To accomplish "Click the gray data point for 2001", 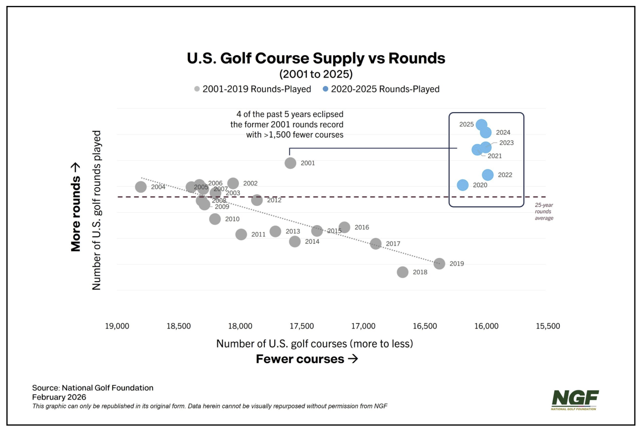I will point(290,163).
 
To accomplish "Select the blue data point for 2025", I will point(481,124).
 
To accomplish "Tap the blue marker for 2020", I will point(463,185).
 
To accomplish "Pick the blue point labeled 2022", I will point(488,175).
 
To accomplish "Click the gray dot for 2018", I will point(403,272).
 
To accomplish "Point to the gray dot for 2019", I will point(439,263).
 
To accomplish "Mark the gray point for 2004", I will point(141,187).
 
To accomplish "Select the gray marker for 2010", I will point(215,219).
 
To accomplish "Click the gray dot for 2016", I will point(345,227).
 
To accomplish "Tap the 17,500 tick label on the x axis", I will point(302,326).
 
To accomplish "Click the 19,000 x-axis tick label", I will point(117,326).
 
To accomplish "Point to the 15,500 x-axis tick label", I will point(548,326).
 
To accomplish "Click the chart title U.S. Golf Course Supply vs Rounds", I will point(316,58).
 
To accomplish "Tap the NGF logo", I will point(574,400).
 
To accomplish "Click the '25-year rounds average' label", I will point(544,211).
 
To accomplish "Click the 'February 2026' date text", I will point(59,397).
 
